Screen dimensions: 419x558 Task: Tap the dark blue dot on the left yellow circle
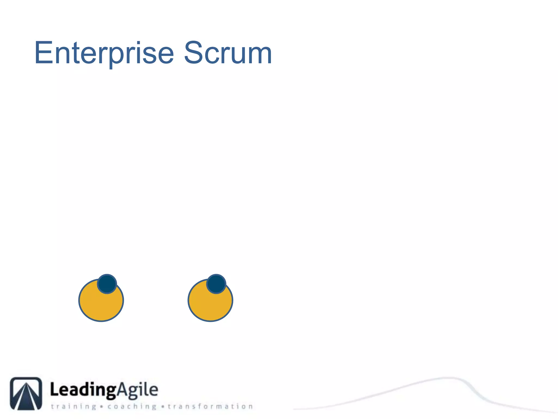click(107, 284)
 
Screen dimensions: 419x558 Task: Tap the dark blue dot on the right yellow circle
click(216, 284)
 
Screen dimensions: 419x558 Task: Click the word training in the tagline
click(74, 406)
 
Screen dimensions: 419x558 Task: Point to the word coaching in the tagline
click(132, 406)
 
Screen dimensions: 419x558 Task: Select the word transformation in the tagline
click(210, 406)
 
